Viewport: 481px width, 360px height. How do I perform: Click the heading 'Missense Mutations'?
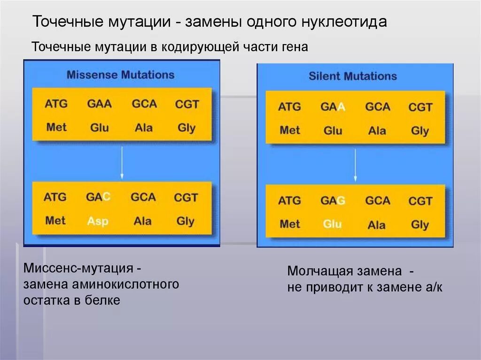point(120,75)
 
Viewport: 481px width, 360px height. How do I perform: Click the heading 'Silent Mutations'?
point(352,76)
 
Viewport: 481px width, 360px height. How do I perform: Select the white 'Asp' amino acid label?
point(98,221)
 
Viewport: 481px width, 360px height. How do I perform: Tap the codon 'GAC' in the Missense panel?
point(98,197)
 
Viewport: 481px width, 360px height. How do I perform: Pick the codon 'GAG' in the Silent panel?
point(333,201)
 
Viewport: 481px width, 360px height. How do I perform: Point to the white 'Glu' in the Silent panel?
point(332,224)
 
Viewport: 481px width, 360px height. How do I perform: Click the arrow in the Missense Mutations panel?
point(122,162)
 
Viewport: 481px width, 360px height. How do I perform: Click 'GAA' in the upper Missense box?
point(99,104)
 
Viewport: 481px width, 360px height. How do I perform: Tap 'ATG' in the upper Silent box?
point(289,107)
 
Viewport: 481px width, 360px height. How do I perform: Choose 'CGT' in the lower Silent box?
point(420,201)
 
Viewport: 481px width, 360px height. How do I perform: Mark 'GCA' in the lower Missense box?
point(143,197)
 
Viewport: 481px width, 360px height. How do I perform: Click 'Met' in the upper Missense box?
point(56,127)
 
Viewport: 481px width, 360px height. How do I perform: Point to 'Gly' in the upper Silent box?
point(420,131)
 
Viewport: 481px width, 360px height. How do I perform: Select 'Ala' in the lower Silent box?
point(377,225)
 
